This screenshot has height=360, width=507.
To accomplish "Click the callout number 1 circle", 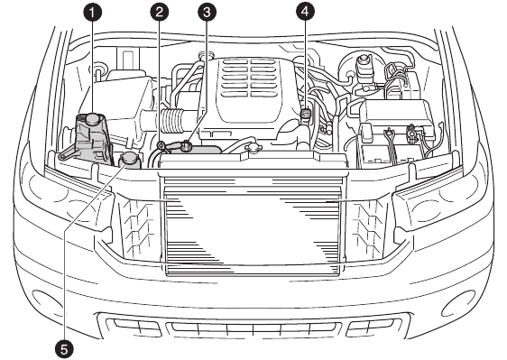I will point(92,14).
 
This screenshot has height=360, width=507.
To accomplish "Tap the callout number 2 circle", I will point(160,12).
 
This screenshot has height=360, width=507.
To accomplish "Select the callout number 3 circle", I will point(207,12).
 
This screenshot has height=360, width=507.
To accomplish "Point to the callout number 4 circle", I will point(305,12).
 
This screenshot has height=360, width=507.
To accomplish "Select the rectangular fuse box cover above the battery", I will point(401,114).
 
